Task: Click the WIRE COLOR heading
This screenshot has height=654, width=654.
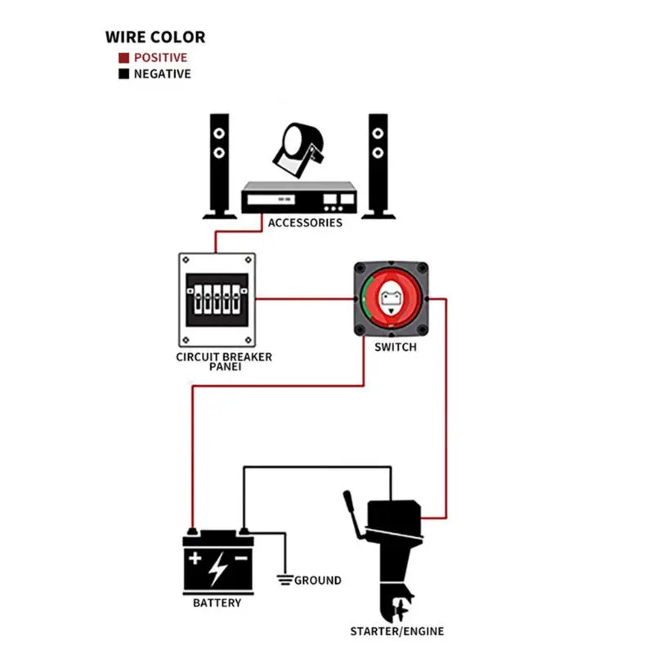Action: [155, 37]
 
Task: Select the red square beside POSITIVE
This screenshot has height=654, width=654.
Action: [123, 58]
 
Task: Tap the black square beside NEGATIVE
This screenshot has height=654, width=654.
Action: [123, 74]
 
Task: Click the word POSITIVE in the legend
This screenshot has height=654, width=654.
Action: [160, 58]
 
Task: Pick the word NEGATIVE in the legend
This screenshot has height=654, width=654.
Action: [162, 74]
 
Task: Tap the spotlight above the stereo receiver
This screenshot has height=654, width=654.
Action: [297, 149]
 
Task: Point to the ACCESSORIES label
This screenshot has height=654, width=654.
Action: [305, 223]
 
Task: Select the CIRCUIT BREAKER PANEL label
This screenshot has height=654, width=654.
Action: [224, 362]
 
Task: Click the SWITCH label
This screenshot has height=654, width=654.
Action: [395, 347]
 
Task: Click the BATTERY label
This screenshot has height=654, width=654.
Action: [217, 603]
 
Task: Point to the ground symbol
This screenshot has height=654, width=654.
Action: [284, 580]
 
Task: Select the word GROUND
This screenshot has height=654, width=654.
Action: [318, 580]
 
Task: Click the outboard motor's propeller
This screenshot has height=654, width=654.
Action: [400, 609]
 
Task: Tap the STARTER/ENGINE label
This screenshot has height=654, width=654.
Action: [397, 631]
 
